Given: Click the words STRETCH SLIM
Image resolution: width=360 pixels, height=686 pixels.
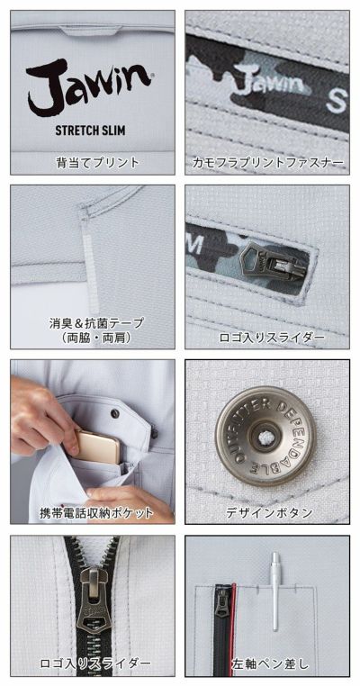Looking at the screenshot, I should (x=88, y=129).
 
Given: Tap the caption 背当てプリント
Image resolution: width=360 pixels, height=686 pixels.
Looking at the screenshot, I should (x=93, y=163).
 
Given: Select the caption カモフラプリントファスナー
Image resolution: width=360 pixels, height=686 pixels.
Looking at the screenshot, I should (x=267, y=163).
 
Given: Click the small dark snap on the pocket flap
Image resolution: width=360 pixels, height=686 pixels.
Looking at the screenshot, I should (x=114, y=411).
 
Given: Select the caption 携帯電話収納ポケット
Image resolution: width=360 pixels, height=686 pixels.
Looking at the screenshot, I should (x=94, y=513).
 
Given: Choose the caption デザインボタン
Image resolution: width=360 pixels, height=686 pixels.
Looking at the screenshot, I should (x=267, y=513).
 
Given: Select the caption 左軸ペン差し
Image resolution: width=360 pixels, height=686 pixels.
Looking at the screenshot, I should (x=267, y=664).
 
